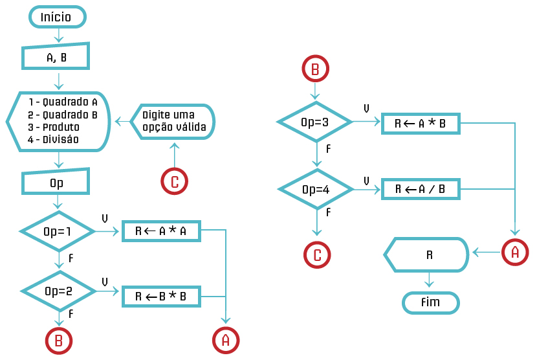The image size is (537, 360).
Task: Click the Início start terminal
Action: pos(56,17)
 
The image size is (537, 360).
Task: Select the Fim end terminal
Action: pos(430,302)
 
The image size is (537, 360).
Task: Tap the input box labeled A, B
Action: pos(56,58)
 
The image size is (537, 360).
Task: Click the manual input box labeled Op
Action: pos(56,183)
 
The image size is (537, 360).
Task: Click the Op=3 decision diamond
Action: pos(315,121)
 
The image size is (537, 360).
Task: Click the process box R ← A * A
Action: pos(161,231)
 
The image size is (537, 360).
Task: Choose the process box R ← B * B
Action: pos(161,296)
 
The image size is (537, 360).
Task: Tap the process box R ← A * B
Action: pos(420,124)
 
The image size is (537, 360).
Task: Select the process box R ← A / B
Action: pos(420,189)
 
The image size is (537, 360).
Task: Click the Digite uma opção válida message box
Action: pos(173,121)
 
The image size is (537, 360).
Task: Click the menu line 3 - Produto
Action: pos(54,126)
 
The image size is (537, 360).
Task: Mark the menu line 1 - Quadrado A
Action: pos(62,102)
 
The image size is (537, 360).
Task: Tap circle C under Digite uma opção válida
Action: pos(174,182)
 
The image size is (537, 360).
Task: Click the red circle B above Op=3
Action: pos(315,69)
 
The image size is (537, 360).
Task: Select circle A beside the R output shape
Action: pos(515,253)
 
